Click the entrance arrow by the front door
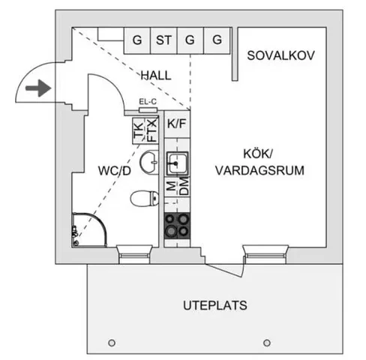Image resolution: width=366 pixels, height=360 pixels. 38,88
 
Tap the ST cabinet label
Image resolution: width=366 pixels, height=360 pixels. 163,40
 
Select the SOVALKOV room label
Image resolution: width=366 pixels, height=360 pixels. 280,55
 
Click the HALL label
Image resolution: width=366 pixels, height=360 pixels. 156,76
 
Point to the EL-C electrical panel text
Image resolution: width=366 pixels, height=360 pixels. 148,102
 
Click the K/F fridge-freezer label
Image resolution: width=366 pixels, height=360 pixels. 177,124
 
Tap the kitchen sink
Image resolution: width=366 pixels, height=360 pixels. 177,163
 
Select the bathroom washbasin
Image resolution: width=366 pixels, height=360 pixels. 149,162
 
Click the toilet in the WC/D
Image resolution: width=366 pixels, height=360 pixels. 145,199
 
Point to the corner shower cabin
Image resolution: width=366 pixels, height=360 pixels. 89,230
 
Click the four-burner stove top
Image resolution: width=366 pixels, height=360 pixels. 177,226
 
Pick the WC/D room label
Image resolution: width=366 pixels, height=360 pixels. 115,171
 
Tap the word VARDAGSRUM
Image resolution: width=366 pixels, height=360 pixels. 259,170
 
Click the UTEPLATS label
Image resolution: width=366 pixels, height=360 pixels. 215,305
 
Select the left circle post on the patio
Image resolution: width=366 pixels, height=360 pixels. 112,343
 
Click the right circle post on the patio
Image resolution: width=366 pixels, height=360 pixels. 267,343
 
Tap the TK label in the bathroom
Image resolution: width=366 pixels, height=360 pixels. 139,130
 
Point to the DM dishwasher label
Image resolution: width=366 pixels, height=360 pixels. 184,186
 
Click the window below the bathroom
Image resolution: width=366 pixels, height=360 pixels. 134,254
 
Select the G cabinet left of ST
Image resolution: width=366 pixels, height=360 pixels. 137,40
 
